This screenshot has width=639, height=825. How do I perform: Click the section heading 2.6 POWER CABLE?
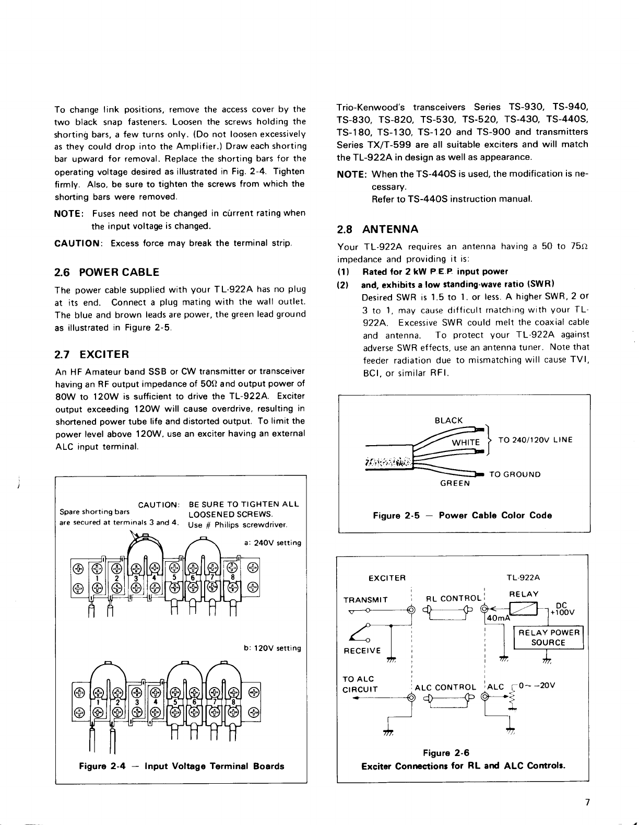(107, 272)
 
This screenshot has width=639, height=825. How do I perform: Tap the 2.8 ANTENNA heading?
(377, 229)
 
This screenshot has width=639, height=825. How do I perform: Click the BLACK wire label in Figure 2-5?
(448, 421)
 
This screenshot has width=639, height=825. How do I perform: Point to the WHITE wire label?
(465, 443)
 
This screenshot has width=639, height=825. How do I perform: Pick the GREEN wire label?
(455, 483)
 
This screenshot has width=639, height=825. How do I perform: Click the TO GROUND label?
(515, 474)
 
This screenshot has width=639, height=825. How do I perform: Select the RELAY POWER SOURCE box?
(548, 637)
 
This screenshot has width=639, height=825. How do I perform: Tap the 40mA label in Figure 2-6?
(498, 619)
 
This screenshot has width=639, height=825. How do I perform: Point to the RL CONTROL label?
(453, 599)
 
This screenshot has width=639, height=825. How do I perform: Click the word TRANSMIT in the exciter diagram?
(365, 599)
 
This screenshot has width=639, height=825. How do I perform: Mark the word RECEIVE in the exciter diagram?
(362, 650)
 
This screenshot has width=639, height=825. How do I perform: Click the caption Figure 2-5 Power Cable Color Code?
(462, 515)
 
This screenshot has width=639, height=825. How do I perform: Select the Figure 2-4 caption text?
(181, 766)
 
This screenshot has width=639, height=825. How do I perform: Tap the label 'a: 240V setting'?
(273, 543)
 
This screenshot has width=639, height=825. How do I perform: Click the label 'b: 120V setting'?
(273, 648)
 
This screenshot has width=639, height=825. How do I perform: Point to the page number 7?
(587, 804)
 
